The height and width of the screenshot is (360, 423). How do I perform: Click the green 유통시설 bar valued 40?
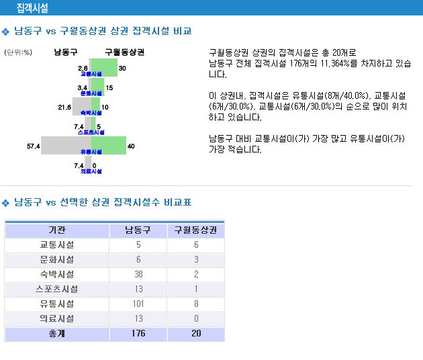tap(109, 146)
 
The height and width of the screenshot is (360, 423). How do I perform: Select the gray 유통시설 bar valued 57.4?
tap(66, 146)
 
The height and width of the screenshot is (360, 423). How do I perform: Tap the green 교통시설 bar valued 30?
tap(104, 67)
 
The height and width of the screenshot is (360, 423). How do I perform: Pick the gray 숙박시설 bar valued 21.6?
tap(82, 107)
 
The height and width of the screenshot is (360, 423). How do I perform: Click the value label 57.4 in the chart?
tap(34, 146)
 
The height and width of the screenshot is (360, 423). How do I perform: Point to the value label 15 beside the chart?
tap(109, 88)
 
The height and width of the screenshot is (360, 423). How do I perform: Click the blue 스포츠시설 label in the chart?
tap(91, 132)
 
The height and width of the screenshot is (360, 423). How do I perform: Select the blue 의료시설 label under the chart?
tap(91, 171)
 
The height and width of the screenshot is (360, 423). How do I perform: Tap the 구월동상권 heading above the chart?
tap(125, 52)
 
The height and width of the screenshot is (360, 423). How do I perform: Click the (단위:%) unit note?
tap(18, 52)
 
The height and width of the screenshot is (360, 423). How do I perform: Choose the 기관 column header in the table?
tap(57, 230)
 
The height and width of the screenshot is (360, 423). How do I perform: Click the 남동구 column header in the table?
tap(138, 230)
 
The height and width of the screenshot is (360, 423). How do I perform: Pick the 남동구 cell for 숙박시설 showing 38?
tap(138, 274)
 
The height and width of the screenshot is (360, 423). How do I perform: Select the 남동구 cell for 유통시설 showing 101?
tap(138, 304)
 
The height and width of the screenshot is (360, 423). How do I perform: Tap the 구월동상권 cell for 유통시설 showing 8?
tap(196, 304)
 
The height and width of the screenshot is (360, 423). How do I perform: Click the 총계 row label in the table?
tap(57, 334)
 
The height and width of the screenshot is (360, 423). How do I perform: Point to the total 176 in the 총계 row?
tap(138, 334)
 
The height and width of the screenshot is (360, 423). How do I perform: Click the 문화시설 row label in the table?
tap(57, 260)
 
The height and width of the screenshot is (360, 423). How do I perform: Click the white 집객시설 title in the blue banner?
tap(32, 8)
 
